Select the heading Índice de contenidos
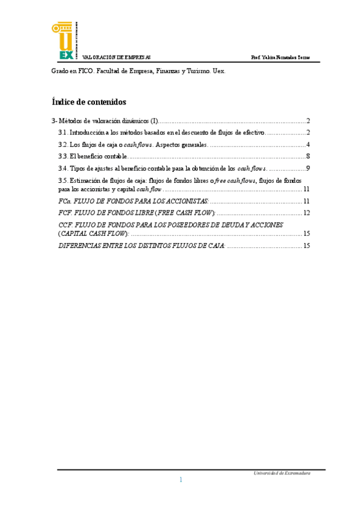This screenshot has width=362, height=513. (x=89, y=102)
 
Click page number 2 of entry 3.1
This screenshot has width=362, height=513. (x=308, y=132)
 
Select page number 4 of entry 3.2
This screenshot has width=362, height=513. (x=308, y=145)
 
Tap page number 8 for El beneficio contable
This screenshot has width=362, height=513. (x=308, y=157)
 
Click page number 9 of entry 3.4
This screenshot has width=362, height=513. (x=308, y=169)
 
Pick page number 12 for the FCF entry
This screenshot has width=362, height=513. (x=306, y=213)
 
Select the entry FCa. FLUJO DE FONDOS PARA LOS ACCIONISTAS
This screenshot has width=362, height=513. (x=133, y=201)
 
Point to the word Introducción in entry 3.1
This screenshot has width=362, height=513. (x=87, y=132)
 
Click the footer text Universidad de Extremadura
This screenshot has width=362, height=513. (x=282, y=474)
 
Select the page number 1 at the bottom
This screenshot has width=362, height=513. (x=181, y=480)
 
